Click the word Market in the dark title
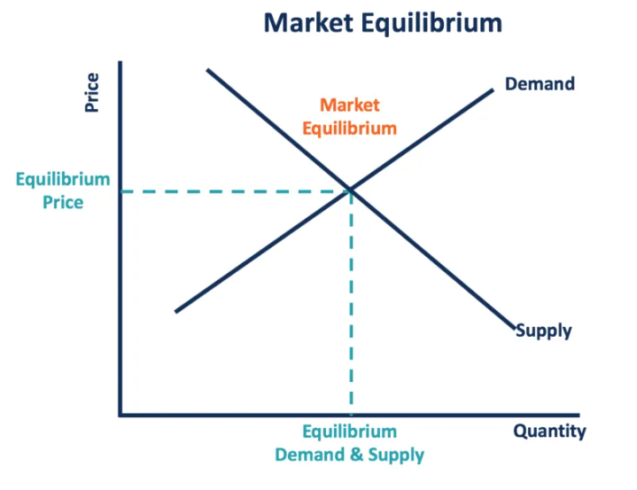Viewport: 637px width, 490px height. click(x=308, y=23)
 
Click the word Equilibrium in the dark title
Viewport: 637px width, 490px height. click(x=431, y=24)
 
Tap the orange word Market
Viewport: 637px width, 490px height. click(x=349, y=105)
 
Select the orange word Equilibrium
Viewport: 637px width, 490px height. click(x=349, y=128)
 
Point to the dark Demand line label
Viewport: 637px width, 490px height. click(x=540, y=84)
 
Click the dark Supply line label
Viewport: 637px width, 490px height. click(x=544, y=331)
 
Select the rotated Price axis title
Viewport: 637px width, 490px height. click(x=92, y=92)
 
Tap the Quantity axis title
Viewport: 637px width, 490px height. click(x=549, y=432)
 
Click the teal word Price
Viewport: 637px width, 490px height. click(x=63, y=202)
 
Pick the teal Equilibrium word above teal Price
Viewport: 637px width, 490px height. click(x=63, y=180)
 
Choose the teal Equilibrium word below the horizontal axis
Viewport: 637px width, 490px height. click(x=349, y=432)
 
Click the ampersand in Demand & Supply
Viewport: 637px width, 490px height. click(x=356, y=455)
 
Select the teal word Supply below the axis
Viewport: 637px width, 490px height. click(x=396, y=455)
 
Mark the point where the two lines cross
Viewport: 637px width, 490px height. click(x=351, y=190)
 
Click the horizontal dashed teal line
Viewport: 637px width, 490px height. click(x=236, y=191)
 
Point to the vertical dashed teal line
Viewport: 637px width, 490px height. click(x=351, y=303)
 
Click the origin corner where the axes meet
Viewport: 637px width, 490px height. click(x=120, y=415)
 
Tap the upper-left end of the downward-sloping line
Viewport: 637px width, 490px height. click(x=207, y=70)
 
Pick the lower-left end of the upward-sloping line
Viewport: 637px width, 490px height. click(x=175, y=312)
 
